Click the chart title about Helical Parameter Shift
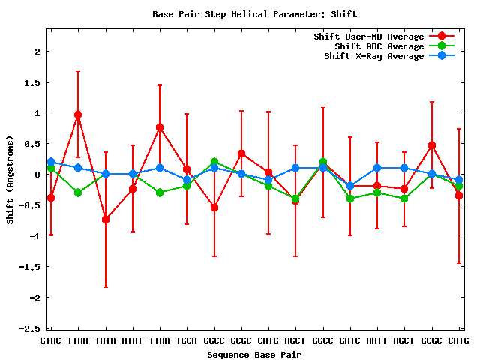(255, 14)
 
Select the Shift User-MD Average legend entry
(384, 37)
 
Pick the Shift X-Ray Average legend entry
(389, 56)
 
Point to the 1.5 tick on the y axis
(32, 82)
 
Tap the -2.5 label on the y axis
(30, 328)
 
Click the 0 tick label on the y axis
(37, 175)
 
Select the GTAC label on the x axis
(51, 340)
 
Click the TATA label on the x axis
(105, 340)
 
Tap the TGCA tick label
(187, 340)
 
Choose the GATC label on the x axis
(350, 340)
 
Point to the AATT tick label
(376, 340)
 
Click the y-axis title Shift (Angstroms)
(10, 180)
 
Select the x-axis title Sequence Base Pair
(254, 355)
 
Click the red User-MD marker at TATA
(106, 220)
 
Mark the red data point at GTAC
(51, 198)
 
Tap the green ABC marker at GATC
(350, 199)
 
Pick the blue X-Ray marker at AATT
(377, 168)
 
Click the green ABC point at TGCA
(187, 186)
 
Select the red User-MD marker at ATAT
(133, 189)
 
